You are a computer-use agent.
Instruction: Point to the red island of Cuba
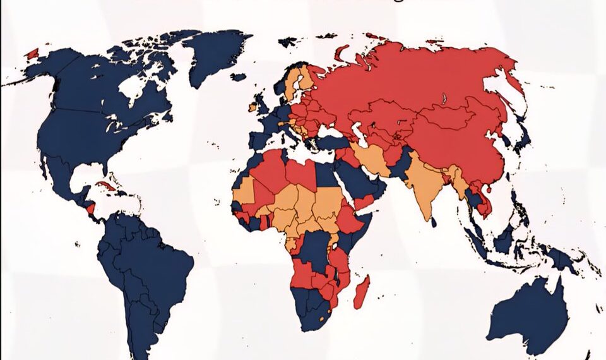pos(106,186)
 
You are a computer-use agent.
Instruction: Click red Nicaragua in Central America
pos(90,208)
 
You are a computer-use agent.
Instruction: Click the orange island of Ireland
pos(253,108)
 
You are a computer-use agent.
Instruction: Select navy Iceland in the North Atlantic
pos(237,77)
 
